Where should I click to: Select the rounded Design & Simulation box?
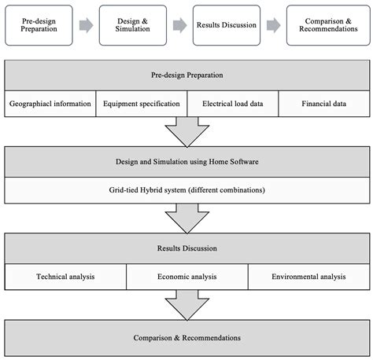(x=134, y=24)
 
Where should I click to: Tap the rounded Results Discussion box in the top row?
(x=228, y=24)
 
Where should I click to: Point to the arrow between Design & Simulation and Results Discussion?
(x=180, y=24)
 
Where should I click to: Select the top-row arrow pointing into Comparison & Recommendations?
(x=275, y=24)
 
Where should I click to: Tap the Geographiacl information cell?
(x=50, y=104)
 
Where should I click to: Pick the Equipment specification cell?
(x=142, y=104)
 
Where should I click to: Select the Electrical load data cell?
(x=233, y=104)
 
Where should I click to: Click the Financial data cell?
(x=323, y=104)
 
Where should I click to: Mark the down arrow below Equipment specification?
(x=186, y=131)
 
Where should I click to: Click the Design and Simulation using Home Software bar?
(x=186, y=162)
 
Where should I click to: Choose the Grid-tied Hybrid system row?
(x=186, y=190)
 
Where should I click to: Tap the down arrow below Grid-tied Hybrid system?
(x=186, y=218)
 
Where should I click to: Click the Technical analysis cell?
(x=65, y=277)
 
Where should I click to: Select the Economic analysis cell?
(x=186, y=277)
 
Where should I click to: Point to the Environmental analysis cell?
(x=308, y=277)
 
